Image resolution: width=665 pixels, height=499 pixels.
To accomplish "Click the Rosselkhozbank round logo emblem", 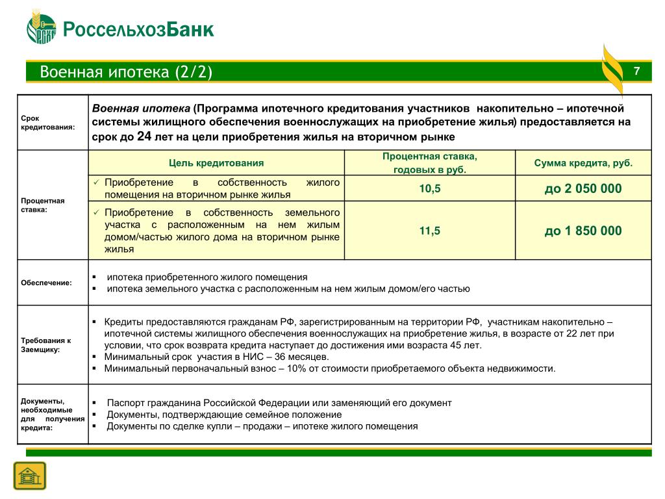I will tap(42, 30).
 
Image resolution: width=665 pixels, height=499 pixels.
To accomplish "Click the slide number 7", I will tap(636, 71).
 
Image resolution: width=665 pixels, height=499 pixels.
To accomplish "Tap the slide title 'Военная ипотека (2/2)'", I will tap(126, 71).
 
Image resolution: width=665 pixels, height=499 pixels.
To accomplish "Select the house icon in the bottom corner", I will tap(30, 475).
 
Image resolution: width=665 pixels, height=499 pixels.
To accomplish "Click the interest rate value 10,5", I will tap(429, 188).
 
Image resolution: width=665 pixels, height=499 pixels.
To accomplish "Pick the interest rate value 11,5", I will tap(429, 231).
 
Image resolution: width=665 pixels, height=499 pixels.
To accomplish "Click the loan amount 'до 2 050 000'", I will tap(583, 188).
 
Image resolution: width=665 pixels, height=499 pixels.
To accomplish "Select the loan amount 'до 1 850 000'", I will tap(583, 231).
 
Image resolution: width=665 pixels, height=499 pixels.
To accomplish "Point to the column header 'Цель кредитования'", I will tap(216, 163).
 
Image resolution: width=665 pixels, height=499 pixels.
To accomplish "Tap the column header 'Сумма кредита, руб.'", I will tap(583, 163).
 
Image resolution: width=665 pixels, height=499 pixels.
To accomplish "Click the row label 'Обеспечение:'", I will tap(47, 283).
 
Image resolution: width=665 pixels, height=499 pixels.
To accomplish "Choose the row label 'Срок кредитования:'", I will tap(47, 122).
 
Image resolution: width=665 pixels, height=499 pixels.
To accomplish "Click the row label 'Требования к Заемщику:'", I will tap(46, 344).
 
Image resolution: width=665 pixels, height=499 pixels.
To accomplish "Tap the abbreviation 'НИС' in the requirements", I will tap(253, 357).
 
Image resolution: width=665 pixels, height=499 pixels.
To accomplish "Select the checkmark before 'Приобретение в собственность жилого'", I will tap(96, 183).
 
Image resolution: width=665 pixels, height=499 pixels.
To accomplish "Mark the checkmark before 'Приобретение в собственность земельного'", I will tap(96, 212).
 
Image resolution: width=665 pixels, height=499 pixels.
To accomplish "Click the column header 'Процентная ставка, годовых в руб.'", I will tap(429, 163).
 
